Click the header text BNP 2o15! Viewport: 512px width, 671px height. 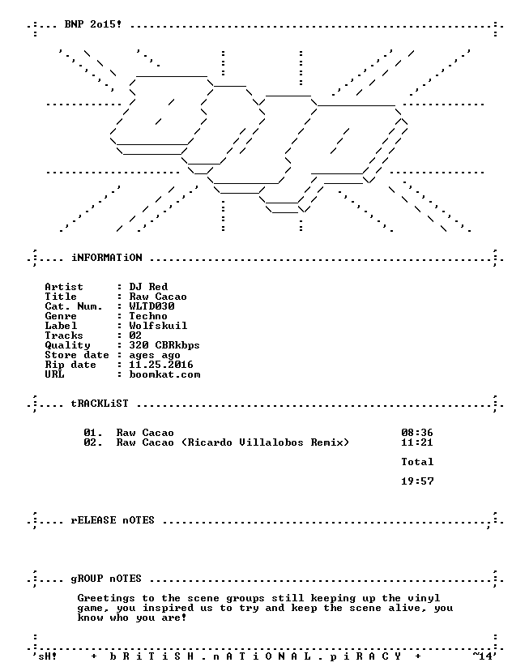pos(93,24)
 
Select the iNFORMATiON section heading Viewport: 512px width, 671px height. pos(107,258)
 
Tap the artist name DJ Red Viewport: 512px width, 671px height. pos(148,287)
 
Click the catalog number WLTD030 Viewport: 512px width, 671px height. pos(151,306)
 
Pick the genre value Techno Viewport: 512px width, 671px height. pos(148,316)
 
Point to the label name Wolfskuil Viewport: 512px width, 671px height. pos(158,326)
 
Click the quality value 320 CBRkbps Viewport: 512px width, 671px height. pos(164,345)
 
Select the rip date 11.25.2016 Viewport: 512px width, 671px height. pos(161,365)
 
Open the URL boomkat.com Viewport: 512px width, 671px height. pos(164,374)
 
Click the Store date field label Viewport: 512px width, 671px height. pos(77,355)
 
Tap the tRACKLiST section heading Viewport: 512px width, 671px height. pos(100,404)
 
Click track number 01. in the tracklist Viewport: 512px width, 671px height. pos(93,433)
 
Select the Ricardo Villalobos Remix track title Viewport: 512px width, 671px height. pos(233,442)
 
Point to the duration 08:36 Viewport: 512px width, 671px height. pos(417,433)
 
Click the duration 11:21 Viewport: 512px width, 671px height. pos(417,442)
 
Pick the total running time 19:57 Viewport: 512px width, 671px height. pos(417,481)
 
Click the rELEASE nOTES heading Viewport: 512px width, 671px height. pos(113,520)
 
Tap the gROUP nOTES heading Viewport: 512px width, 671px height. pos(106,579)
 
